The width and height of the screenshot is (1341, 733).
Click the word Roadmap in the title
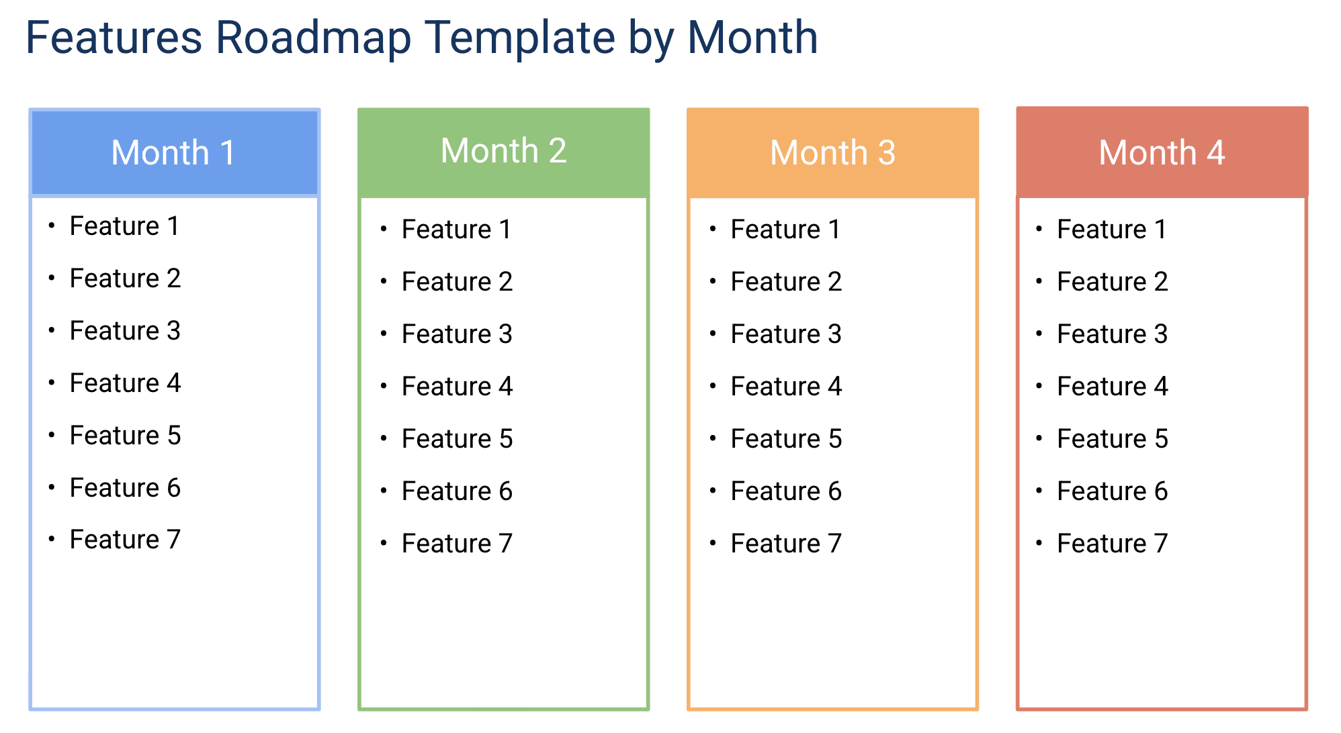312,38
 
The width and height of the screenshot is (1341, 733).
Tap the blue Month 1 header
174,152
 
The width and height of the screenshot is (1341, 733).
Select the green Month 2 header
503,151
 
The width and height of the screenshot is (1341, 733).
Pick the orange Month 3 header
832,152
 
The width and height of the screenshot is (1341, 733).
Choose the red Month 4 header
1162,152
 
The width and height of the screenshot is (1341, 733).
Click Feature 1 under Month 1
125,226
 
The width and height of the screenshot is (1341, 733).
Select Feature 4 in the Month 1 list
125,383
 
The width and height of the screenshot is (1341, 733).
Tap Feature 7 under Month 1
125,540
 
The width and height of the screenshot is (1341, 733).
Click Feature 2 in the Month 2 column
457,282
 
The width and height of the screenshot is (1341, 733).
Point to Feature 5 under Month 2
457,439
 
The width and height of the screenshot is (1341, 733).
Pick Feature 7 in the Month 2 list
457,544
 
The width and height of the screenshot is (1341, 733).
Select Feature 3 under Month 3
786,334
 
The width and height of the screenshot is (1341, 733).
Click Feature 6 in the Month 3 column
786,491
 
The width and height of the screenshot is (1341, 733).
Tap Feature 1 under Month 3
786,230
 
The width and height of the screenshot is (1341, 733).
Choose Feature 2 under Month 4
1113,282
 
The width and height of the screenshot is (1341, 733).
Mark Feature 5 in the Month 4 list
1113,439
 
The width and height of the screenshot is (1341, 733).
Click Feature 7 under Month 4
1113,544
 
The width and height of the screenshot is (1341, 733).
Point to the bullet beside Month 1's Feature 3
52,330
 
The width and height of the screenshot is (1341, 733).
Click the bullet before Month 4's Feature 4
1039,386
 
